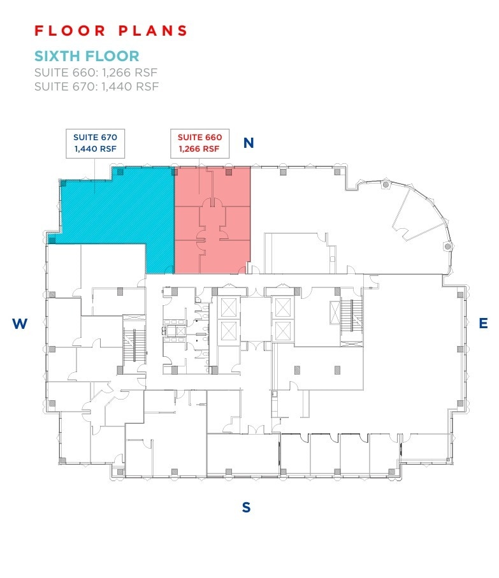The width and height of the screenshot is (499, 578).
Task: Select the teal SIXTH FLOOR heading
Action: click(x=87, y=56)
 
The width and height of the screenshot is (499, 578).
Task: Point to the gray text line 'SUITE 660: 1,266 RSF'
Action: click(x=96, y=72)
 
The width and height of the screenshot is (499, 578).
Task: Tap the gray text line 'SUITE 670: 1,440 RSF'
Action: click(x=96, y=86)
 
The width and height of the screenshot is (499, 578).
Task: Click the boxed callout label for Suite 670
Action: click(x=95, y=143)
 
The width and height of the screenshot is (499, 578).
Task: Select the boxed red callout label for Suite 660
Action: click(x=199, y=143)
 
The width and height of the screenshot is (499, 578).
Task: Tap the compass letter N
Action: click(x=249, y=143)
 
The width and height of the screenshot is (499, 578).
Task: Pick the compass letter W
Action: click(x=20, y=324)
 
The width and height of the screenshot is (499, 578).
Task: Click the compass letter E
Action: click(x=483, y=324)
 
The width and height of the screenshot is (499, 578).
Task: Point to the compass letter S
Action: click(x=246, y=508)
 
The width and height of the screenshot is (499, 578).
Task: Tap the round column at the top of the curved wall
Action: click(x=386, y=185)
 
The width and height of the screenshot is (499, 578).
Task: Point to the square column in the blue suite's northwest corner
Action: click(x=62, y=184)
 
